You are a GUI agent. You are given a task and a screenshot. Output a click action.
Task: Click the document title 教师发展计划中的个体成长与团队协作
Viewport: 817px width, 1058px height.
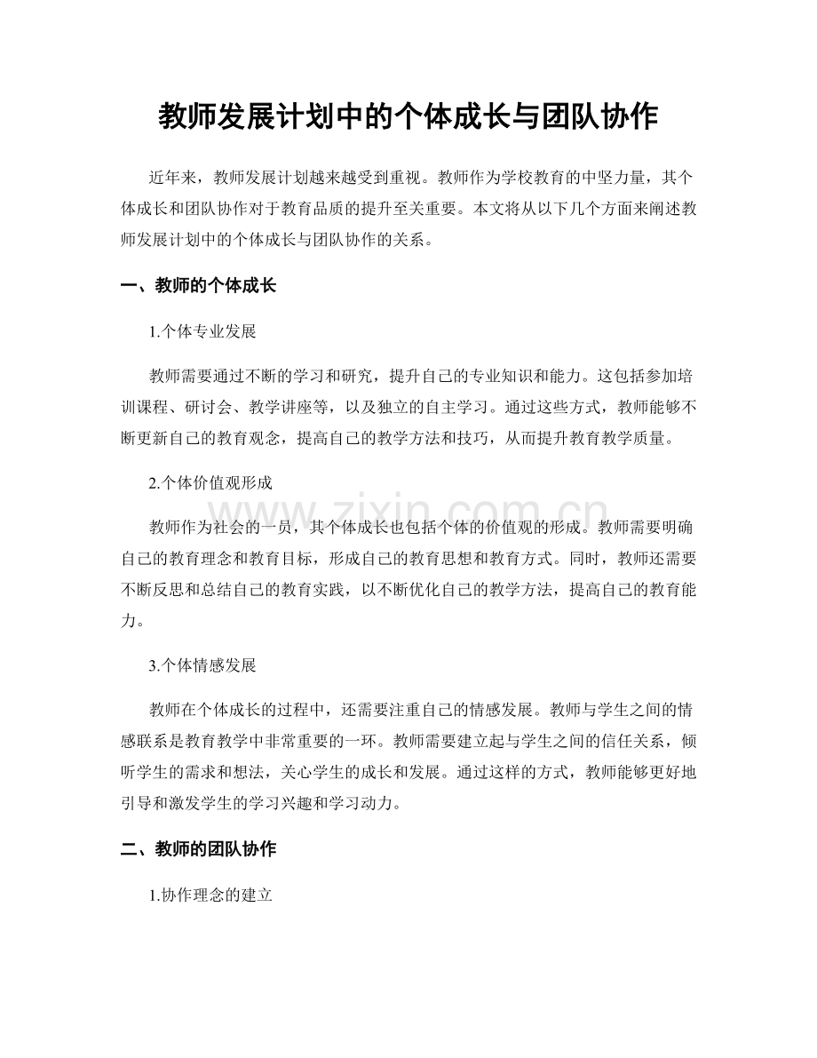[x=408, y=116]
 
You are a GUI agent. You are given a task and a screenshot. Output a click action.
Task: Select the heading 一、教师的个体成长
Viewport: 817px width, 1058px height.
[x=198, y=285]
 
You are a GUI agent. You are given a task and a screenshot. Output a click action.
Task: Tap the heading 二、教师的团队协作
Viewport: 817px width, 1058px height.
[x=198, y=849]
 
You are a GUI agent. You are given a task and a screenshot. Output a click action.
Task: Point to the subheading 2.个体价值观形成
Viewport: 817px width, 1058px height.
[x=210, y=483]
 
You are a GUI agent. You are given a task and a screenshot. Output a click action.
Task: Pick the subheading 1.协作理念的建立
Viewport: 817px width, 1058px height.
[x=210, y=896]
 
